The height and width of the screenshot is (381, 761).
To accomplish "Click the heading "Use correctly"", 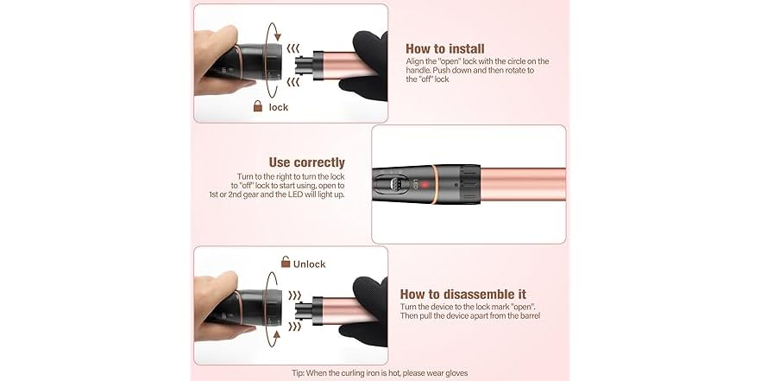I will tap(306, 162).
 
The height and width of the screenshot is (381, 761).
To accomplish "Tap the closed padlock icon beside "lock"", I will tap(257, 107).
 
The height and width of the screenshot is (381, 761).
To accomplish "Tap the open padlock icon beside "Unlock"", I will tap(286, 263).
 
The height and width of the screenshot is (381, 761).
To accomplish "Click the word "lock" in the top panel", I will tap(279, 108).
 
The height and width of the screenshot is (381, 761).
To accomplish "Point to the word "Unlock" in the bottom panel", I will tap(310, 264).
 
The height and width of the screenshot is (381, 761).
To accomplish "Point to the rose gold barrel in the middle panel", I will tap(526, 184).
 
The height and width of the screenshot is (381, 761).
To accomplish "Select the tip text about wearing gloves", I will tap(379, 372).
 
